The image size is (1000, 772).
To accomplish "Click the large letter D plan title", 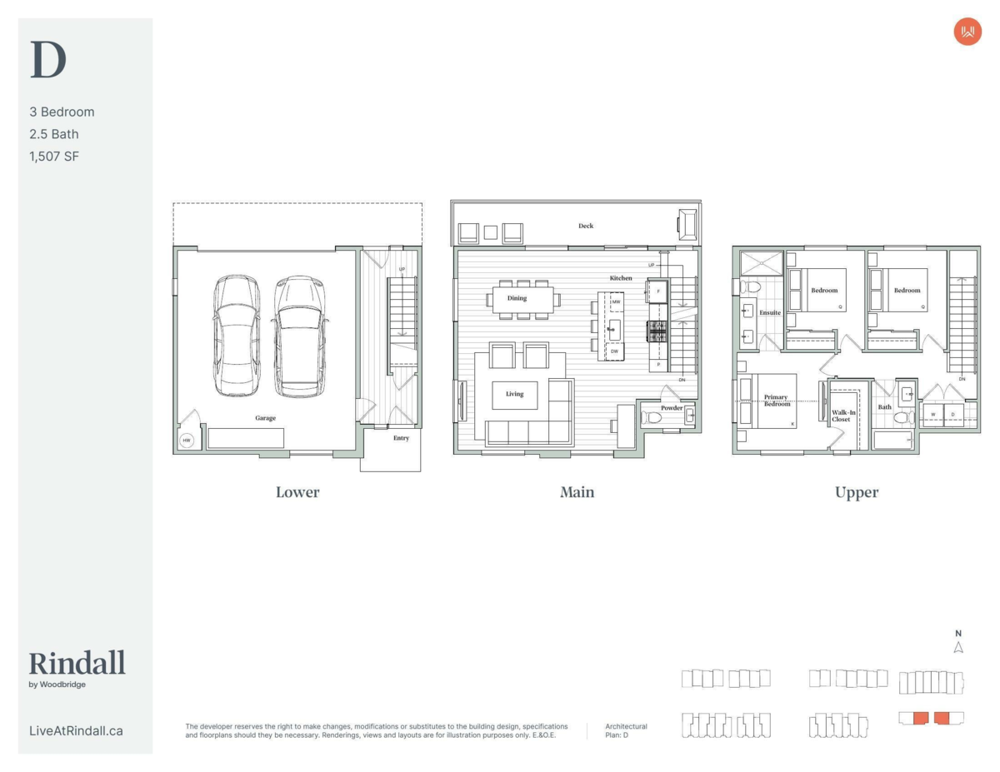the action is pyautogui.click(x=48, y=59).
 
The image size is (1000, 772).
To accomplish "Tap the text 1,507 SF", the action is pyautogui.click(x=54, y=157).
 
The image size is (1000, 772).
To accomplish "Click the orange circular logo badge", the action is pyautogui.click(x=967, y=32).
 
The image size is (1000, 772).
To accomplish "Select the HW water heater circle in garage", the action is pyautogui.click(x=187, y=440).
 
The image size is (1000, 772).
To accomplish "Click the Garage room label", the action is pyautogui.click(x=266, y=418).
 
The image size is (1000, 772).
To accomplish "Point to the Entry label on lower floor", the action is pyautogui.click(x=402, y=438).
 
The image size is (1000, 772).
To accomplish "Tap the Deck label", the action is pyautogui.click(x=586, y=226).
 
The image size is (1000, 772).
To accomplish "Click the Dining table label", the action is pyautogui.click(x=517, y=298).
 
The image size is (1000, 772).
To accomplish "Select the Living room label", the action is pyautogui.click(x=514, y=394).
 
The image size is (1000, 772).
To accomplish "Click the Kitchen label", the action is pyautogui.click(x=621, y=277).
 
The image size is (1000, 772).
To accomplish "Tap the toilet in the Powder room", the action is pyautogui.click(x=651, y=417).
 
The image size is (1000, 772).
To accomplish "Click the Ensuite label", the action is pyautogui.click(x=770, y=312).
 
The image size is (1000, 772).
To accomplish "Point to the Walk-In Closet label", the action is pyautogui.click(x=843, y=416).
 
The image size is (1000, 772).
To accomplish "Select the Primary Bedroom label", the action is pyautogui.click(x=777, y=400).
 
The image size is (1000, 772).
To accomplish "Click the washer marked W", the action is pyautogui.click(x=933, y=414).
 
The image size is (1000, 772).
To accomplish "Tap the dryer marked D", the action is pyautogui.click(x=953, y=414).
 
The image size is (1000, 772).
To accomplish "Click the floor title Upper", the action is pyautogui.click(x=857, y=492).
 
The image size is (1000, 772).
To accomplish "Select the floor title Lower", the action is pyautogui.click(x=297, y=492).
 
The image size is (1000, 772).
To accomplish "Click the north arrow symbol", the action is pyautogui.click(x=958, y=647).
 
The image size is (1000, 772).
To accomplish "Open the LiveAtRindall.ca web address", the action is pyautogui.click(x=76, y=730).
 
